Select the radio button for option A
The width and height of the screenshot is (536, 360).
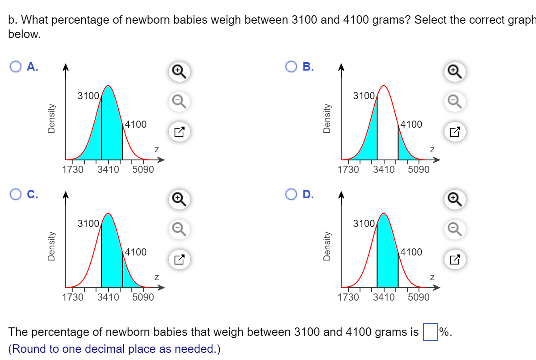coord(15,67)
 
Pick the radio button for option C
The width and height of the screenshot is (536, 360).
coord(15,195)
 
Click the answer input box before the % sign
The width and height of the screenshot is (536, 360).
coord(430,332)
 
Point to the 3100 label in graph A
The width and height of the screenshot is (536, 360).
coord(88,95)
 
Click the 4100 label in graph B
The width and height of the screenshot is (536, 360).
coord(411,124)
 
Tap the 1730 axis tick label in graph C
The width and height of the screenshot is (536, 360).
coord(73,297)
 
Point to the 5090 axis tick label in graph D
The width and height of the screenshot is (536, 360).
coord(419,297)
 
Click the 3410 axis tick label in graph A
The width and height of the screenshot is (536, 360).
coord(108,170)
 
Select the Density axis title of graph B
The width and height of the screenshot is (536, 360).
coord(327,118)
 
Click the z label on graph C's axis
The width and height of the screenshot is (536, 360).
coord(156,277)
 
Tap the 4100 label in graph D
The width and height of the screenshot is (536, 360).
coord(411,252)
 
